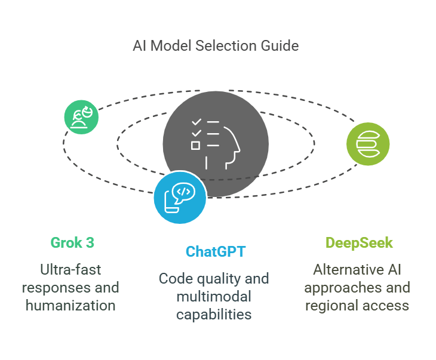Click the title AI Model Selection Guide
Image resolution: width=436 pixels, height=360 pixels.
coord(216,46)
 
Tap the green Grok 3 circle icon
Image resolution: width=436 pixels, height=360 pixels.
coord(81,117)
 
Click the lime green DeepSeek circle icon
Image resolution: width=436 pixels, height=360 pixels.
coord(368,144)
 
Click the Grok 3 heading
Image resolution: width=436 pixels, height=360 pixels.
coord(72,243)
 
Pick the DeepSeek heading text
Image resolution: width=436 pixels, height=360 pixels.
coord(360,243)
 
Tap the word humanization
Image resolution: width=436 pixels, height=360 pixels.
coord(72,306)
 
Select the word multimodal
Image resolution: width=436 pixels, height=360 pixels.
coord(214,296)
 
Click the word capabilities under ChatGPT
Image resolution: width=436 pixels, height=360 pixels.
coord(214,314)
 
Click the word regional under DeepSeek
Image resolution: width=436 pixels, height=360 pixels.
coord(330,306)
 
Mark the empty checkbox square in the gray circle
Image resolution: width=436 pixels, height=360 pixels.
coord(195,145)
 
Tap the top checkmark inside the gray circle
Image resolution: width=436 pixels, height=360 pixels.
coord(195,122)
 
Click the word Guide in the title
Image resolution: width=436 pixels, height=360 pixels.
coord(283,46)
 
